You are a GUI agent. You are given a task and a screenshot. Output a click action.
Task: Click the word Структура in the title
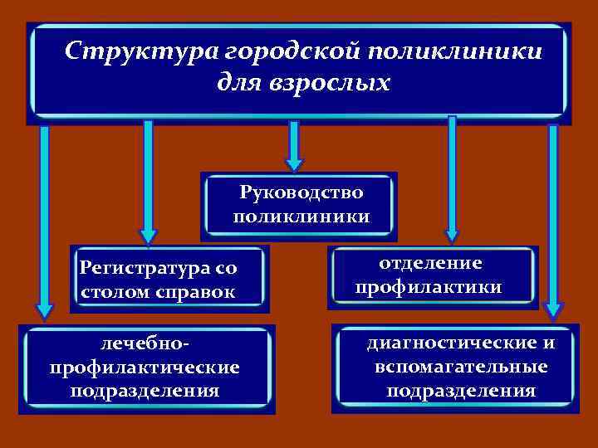[x=140, y=51]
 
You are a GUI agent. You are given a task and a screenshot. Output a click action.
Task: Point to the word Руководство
[x=301, y=192]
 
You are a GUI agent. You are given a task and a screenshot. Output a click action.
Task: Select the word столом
[x=115, y=292]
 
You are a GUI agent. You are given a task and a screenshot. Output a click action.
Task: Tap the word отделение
[x=430, y=263]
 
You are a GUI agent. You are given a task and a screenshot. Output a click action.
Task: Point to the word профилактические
[x=145, y=366]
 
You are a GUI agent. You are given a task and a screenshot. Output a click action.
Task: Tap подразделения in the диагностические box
[x=461, y=390]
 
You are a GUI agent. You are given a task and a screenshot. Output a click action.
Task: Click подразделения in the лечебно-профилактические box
[x=145, y=390]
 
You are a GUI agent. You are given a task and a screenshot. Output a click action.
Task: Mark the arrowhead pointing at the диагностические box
[x=553, y=310]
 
